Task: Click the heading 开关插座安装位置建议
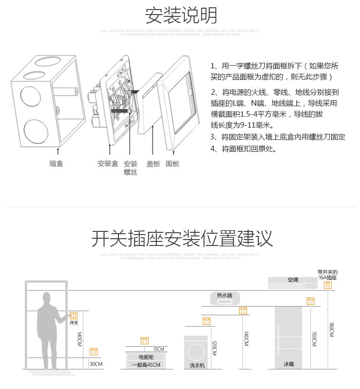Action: tap(182, 238)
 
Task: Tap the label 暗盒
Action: tap(56, 164)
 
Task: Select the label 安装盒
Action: tap(108, 164)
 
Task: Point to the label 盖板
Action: tap(153, 164)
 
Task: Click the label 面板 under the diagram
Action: tap(173, 164)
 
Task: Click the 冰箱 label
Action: tap(288, 364)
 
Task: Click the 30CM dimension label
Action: tap(96, 364)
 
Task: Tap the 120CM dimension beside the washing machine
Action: tap(215, 348)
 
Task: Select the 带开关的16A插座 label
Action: tap(328, 275)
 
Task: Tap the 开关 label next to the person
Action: tap(74, 323)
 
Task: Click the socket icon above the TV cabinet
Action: tap(145, 340)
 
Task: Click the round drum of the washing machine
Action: tap(196, 350)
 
